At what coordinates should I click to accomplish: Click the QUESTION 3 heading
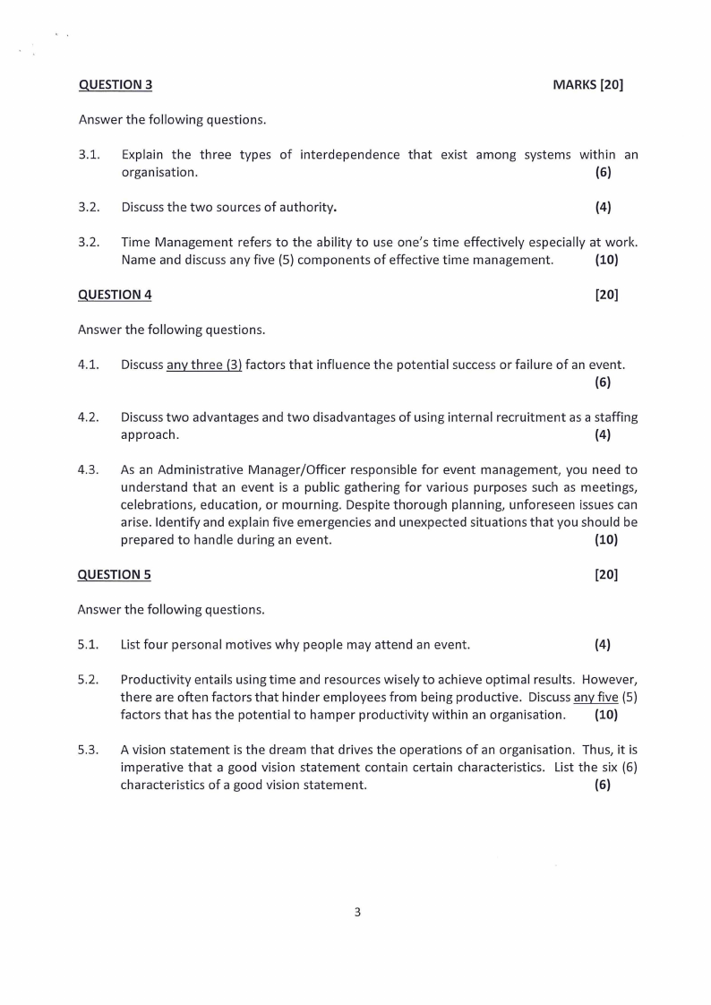point(116,85)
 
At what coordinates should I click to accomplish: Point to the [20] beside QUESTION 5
point(606,574)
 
